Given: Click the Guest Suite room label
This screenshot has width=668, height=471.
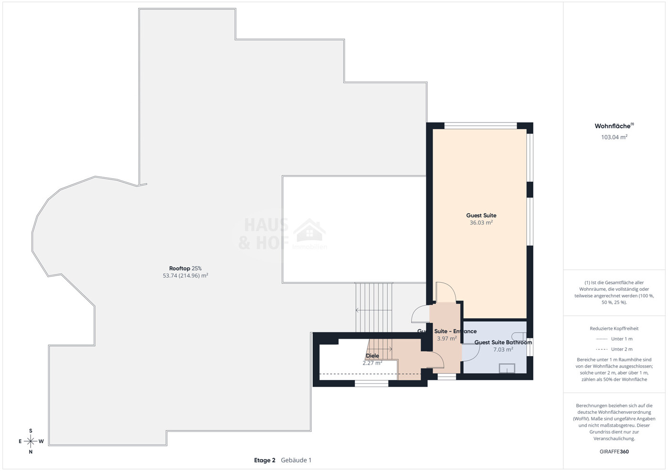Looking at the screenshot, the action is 481,215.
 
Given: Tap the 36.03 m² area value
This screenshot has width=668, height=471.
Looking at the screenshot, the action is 481,223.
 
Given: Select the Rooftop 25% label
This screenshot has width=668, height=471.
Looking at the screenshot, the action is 185,268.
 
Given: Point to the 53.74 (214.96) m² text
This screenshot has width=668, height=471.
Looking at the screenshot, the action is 185,276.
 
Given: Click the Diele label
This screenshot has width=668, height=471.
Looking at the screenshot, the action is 372,356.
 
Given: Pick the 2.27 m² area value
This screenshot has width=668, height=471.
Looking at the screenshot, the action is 372,363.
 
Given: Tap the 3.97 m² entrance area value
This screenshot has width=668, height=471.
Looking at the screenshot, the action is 447,338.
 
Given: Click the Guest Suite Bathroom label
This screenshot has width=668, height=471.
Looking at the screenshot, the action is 503,342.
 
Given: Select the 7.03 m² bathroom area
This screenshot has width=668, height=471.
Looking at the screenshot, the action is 503,349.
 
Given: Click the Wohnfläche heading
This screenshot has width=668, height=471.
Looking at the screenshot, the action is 614,126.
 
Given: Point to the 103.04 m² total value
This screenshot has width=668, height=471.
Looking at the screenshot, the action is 614,137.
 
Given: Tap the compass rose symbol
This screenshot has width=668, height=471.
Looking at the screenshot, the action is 31,441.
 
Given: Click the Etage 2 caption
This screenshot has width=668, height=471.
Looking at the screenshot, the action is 265,460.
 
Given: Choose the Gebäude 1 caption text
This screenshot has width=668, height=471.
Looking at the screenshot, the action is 296,460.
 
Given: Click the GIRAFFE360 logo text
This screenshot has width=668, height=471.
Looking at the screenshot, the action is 614,451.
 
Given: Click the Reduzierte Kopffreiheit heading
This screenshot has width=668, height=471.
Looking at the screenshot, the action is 614,328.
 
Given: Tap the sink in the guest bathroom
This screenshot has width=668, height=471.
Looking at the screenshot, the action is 507,368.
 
